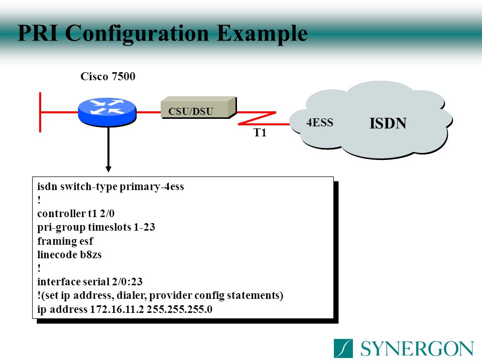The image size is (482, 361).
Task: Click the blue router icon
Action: tap(107, 111)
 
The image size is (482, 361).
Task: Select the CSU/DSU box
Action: tap(198, 108)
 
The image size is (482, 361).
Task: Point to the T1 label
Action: tap(260, 133)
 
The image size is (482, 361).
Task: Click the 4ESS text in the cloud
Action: tap(320, 123)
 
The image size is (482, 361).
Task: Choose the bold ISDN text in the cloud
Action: tap(388, 123)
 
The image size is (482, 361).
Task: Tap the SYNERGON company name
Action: tap(417, 348)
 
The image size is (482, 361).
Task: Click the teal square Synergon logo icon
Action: tap(343, 348)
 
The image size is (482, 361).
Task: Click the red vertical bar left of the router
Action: tap(41, 111)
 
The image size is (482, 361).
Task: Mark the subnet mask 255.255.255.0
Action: tap(180, 309)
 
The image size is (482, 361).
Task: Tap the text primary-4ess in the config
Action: tap(152, 187)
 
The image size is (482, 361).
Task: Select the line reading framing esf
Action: tap(65, 241)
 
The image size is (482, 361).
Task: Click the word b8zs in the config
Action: tap(91, 254)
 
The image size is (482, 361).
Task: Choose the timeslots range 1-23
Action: tap(145, 227)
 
